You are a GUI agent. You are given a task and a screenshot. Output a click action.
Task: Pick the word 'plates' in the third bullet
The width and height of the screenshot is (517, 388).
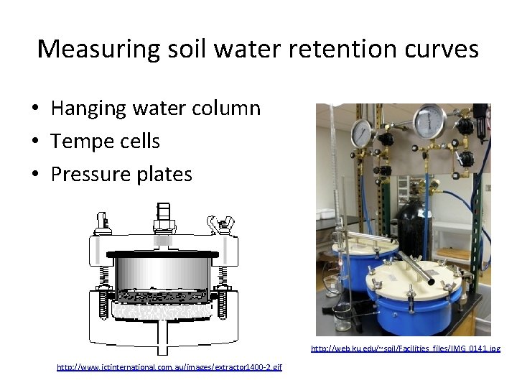click(167, 174)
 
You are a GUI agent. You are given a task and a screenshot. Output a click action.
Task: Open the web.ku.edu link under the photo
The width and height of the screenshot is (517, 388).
click(405, 348)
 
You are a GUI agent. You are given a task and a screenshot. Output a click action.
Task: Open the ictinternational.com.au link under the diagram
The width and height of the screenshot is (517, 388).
click(169, 367)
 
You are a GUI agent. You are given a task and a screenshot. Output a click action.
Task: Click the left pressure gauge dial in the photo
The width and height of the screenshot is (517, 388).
click(362, 131)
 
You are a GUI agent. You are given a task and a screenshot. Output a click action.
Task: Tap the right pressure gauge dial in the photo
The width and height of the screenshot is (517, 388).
click(429, 121)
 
